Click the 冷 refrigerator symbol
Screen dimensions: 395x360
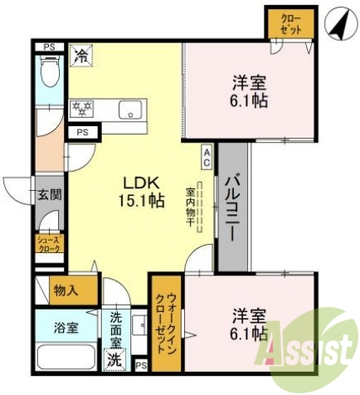coord(81,56)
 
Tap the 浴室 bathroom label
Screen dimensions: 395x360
coord(66,327)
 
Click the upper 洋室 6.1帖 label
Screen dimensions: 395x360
coord(249,91)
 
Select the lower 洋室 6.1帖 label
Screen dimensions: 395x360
coord(249,324)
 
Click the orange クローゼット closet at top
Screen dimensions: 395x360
coord(291,22)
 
